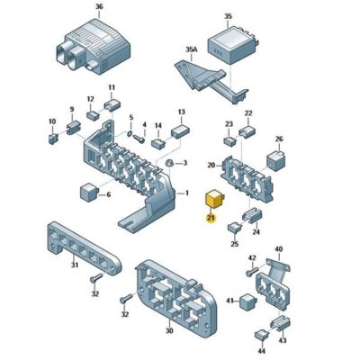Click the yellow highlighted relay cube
point(214,199)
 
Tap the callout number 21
point(211,218)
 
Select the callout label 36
point(99,6)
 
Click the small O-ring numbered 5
point(130,133)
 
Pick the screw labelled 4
point(139,139)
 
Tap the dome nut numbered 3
point(169,163)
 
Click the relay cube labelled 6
point(89,193)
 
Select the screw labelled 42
point(251,272)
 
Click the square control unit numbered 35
point(230,45)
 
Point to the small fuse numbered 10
point(53,139)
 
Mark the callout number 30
point(169,330)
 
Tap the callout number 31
point(75,265)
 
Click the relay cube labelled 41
point(247,301)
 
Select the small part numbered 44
point(261,335)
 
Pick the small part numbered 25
point(235,228)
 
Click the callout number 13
point(182,112)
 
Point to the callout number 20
point(211,165)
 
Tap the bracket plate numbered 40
point(278,269)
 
